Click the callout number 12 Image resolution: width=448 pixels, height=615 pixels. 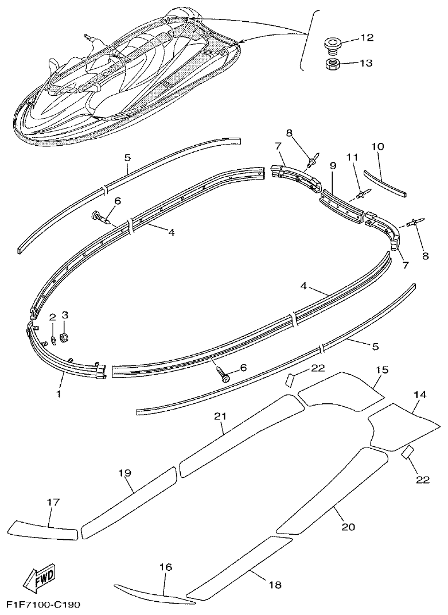(367, 38)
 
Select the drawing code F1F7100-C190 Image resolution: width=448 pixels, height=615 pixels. (44, 605)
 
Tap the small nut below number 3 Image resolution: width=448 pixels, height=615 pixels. (65, 337)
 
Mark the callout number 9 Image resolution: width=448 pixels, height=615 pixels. (333, 166)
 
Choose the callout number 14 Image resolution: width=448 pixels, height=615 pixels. (420, 395)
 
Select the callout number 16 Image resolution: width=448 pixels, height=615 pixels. (165, 567)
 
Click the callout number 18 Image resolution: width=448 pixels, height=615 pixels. (275, 585)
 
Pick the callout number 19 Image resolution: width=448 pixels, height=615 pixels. (125, 473)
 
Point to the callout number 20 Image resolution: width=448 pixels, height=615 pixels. (348, 527)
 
